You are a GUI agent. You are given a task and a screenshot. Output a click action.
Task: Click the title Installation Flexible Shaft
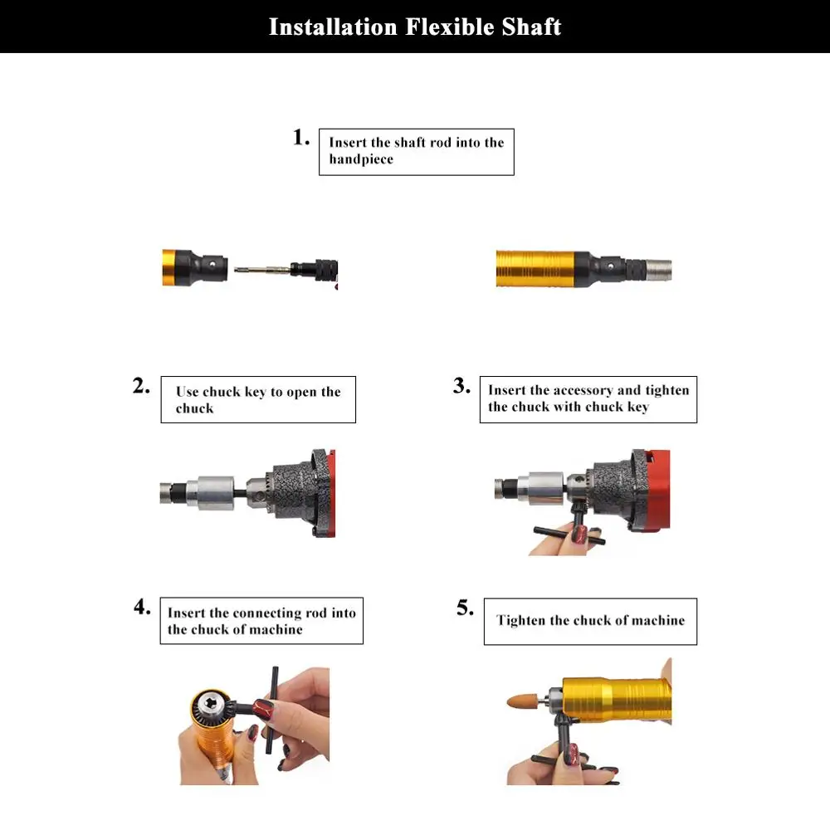[415, 27]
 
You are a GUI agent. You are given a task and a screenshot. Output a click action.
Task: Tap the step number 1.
[301, 137]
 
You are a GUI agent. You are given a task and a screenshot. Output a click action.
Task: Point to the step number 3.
[461, 385]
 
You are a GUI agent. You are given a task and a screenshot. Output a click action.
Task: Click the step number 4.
[143, 607]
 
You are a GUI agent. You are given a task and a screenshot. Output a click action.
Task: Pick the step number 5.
[466, 608]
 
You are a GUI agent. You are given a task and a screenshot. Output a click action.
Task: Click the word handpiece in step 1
[362, 159]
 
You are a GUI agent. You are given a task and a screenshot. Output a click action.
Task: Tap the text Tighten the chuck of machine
[590, 620]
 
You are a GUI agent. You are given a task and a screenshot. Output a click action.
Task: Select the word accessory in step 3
[583, 390]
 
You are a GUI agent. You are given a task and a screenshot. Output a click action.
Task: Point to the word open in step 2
[301, 393]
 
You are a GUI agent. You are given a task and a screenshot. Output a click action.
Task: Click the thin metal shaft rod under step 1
[262, 270]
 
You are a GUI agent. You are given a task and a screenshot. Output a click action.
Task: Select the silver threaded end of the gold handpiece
[659, 270]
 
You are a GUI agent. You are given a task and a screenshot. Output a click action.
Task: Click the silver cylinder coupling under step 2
[217, 493]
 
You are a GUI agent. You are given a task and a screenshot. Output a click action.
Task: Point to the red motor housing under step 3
[658, 489]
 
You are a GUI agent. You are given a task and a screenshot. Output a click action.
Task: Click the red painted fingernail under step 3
[581, 534]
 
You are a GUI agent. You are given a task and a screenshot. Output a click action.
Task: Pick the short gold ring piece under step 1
[169, 267]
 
